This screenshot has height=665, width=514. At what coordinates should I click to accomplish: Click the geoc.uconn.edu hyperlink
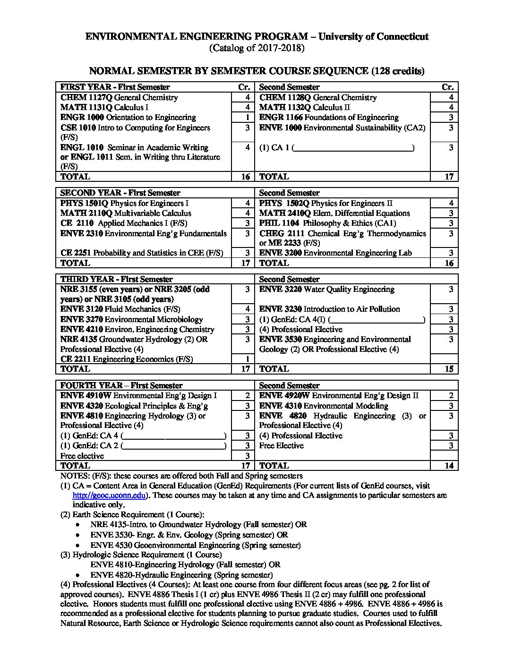(109, 495)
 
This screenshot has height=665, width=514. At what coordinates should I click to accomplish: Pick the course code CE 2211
(76, 359)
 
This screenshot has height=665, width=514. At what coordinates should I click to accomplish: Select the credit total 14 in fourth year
(449, 465)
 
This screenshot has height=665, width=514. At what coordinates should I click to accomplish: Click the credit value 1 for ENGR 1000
(247, 117)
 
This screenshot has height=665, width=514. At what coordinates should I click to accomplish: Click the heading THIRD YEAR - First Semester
(116, 279)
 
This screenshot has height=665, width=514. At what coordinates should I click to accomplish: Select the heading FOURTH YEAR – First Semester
(121, 385)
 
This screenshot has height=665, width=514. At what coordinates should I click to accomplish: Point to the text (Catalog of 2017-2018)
(257, 48)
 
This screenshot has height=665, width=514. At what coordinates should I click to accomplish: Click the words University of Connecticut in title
(373, 36)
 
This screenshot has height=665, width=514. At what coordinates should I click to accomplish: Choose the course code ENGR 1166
(281, 117)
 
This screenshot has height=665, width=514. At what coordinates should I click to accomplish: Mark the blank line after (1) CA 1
(353, 148)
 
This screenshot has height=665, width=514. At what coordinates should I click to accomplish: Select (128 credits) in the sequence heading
(398, 71)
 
